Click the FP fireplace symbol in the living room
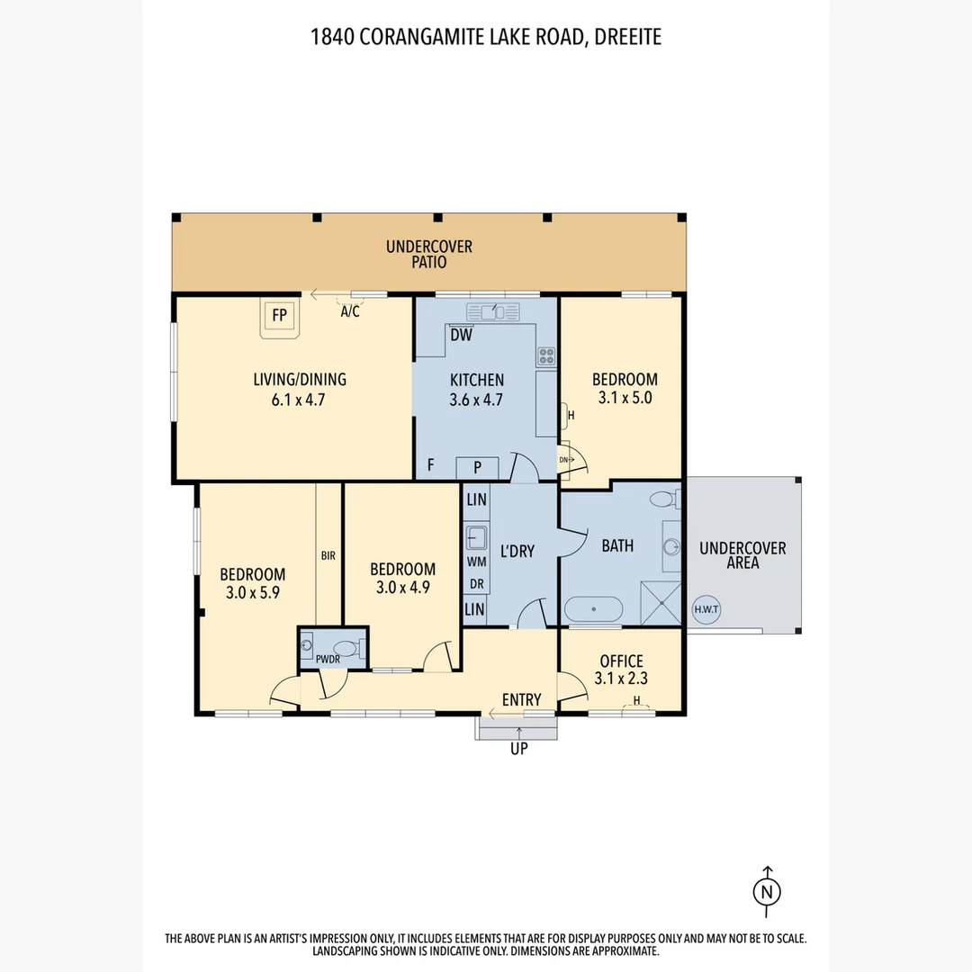[x=280, y=319]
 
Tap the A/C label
[x=350, y=311]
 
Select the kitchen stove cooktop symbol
[x=546, y=356]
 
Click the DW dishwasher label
[x=461, y=336]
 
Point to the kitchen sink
[x=493, y=311]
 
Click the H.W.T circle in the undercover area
[x=706, y=609]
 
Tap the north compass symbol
[x=767, y=891]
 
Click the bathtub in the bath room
[x=594, y=609]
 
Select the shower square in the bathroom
[x=661, y=602]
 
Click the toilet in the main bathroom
[x=666, y=499]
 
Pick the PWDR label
[x=328, y=660]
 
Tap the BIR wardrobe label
[x=328, y=556]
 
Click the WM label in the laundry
[x=477, y=562]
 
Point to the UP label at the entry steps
[x=519, y=749]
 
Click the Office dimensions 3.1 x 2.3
[x=621, y=679]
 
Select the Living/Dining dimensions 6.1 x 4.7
[x=298, y=400]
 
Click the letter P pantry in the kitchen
[x=477, y=467]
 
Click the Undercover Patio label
[x=429, y=254]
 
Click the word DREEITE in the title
[x=628, y=37]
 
